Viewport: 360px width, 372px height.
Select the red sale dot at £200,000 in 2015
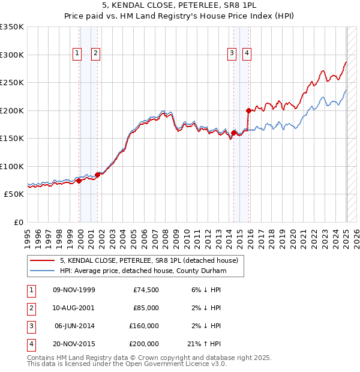point(248,110)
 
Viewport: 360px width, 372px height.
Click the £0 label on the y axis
point(19,222)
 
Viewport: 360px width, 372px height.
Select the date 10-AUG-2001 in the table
point(74,308)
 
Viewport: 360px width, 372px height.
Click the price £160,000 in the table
point(144,326)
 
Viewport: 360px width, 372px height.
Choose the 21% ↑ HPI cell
point(204,344)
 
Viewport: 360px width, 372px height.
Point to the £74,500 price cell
point(146,290)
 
